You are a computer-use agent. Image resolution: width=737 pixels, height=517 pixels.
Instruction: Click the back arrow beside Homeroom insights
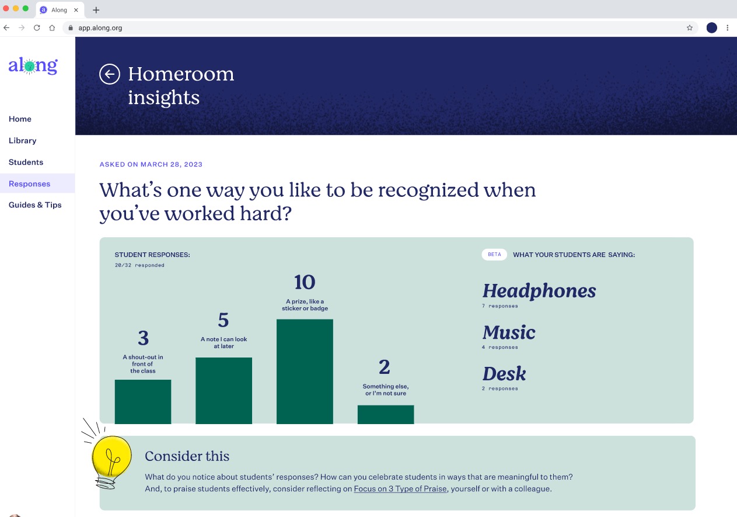pos(110,74)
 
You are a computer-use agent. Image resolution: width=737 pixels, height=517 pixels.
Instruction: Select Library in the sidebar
pos(22,141)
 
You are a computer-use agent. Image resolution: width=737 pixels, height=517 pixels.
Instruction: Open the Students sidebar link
pos(26,162)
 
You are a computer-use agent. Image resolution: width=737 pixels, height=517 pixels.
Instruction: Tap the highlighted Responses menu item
pos(30,183)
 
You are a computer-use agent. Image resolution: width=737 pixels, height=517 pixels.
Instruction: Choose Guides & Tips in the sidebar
pos(35,205)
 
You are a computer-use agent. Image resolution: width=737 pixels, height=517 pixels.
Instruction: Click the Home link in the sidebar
pos(20,119)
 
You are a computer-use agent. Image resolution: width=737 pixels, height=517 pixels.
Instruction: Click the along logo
pos(33,66)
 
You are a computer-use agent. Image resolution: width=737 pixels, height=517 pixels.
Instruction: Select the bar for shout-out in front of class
pos(143,402)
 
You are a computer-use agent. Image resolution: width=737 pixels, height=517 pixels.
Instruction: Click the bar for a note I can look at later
pos(223,391)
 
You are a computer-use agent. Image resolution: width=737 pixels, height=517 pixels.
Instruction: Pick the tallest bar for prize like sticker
pos(305,372)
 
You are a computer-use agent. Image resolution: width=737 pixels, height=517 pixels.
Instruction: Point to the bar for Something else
pos(386,415)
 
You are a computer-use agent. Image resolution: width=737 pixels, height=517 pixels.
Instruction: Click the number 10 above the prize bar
pos(305,282)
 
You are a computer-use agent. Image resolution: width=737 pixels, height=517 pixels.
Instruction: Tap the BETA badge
pos(494,255)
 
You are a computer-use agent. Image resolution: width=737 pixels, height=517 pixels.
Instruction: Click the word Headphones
pos(539,291)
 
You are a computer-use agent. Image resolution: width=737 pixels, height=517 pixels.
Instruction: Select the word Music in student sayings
pos(509,332)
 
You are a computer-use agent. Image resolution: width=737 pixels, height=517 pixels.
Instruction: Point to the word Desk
pos(504,374)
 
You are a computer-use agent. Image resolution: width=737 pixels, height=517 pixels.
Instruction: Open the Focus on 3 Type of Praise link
pos(400,489)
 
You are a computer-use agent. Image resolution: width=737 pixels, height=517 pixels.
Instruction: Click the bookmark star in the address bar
pos(690,28)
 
